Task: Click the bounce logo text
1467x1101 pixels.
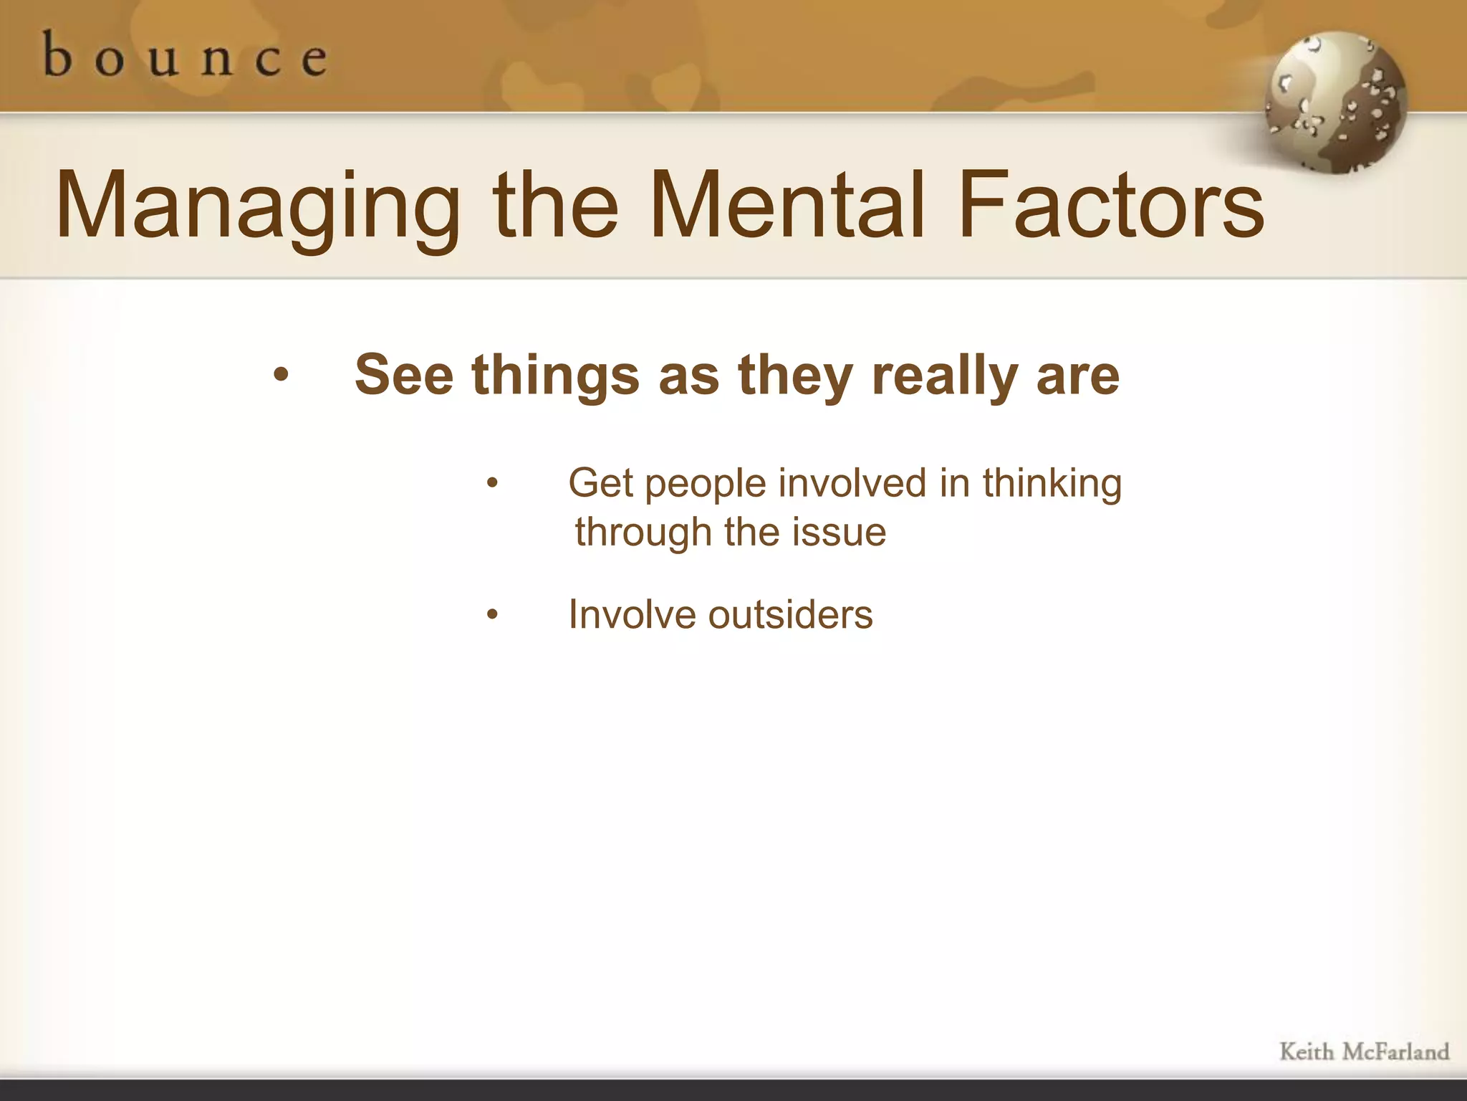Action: click(185, 56)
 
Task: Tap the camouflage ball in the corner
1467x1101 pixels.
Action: click(1336, 103)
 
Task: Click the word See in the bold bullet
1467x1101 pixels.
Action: click(404, 375)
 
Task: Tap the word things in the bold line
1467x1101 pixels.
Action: click(555, 375)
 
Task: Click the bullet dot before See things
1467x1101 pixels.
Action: click(281, 374)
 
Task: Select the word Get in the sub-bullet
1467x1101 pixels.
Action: click(600, 483)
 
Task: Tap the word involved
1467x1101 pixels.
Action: click(852, 483)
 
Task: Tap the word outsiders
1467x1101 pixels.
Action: click(791, 615)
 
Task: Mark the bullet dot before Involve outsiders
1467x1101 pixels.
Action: click(492, 614)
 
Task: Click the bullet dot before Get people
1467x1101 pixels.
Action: click(492, 483)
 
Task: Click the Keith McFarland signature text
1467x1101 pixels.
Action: click(1364, 1052)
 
